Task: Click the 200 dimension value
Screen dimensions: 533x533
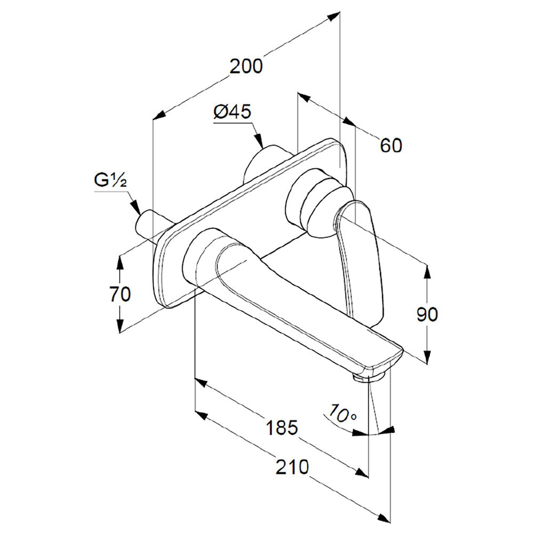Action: (x=246, y=66)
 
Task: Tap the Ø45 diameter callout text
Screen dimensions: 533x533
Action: (x=232, y=111)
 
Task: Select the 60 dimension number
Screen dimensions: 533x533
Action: (x=391, y=146)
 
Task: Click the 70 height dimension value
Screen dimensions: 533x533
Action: (x=120, y=294)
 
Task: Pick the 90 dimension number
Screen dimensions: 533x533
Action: (x=427, y=314)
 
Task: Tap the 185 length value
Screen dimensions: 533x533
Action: (x=282, y=427)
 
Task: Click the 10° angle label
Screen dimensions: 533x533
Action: (x=343, y=413)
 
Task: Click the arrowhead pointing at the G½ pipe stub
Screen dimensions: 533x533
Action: (x=136, y=208)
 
